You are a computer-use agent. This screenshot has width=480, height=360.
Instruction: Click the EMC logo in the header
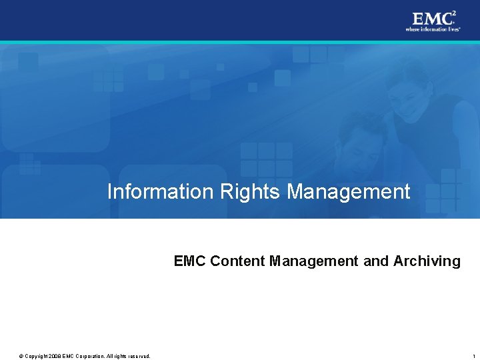point(431,18)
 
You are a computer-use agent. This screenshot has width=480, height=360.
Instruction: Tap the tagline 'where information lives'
point(433,29)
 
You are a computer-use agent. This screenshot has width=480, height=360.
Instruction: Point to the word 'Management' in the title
point(349,192)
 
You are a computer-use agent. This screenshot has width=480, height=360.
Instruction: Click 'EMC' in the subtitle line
point(190,261)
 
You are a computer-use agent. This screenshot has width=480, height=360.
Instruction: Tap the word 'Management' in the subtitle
point(314,261)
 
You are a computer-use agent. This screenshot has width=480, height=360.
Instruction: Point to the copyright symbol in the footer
point(21,356)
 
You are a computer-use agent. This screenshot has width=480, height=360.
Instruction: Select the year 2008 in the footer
point(53,356)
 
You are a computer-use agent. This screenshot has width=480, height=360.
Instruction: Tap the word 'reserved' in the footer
point(137,356)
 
